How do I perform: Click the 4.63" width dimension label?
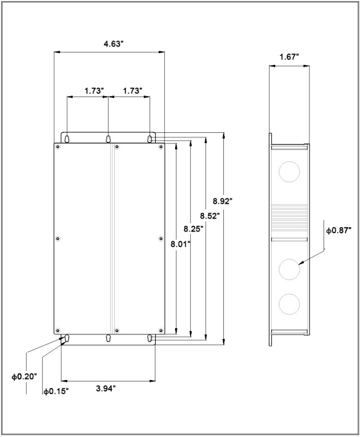(113, 44)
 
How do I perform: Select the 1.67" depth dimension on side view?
(289, 57)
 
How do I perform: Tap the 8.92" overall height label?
(222, 201)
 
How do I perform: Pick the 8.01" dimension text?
(181, 244)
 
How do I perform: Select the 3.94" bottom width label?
(106, 388)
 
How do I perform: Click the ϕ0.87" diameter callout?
(339, 230)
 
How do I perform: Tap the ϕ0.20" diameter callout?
(24, 377)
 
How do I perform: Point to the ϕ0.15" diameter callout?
(56, 391)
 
